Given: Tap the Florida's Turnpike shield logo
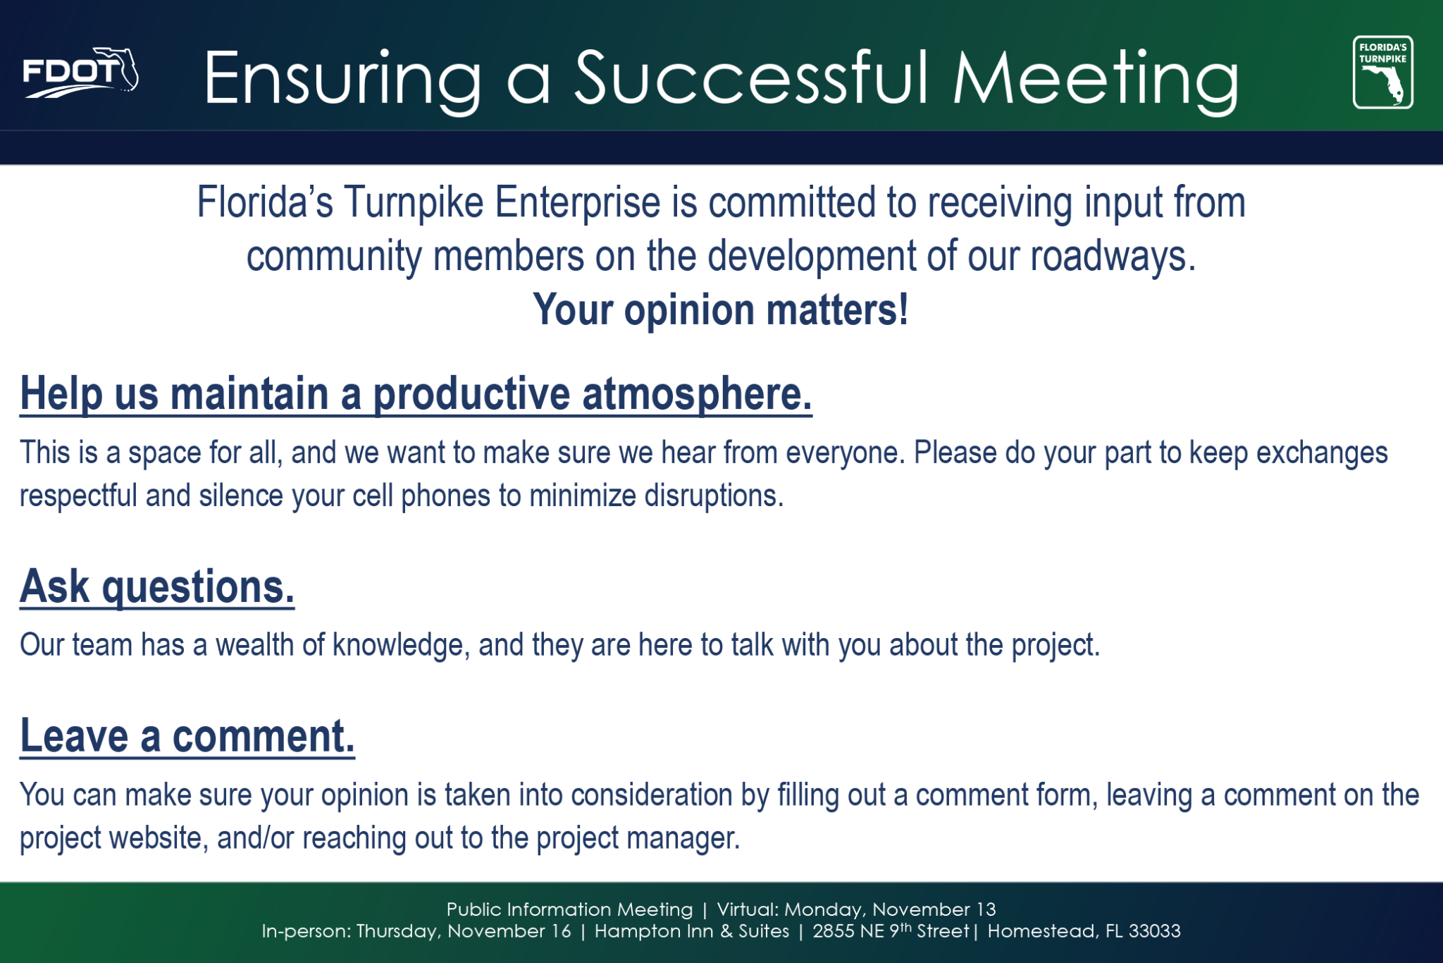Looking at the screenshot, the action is (1382, 73).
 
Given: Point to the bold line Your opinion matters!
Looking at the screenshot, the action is (721, 309).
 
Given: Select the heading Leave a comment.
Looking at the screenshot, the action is (187, 736).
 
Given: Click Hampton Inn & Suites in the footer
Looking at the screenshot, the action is (692, 931).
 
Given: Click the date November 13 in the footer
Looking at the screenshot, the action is (934, 909).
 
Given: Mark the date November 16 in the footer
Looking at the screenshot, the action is (509, 931).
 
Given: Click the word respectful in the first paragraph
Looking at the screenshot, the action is (78, 496).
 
